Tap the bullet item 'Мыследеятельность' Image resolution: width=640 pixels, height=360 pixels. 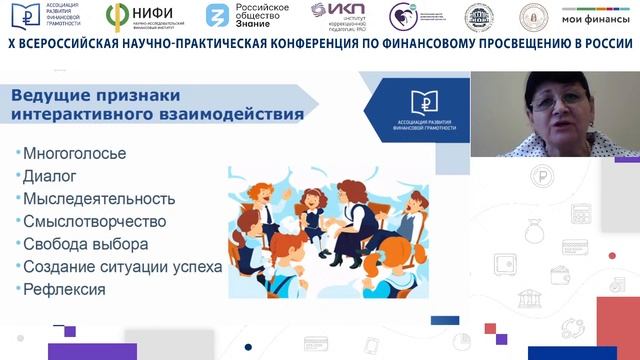coord(98,199)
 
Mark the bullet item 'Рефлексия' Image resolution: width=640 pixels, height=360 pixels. coord(63,289)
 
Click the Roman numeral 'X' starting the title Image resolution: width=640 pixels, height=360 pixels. coord(11,46)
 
